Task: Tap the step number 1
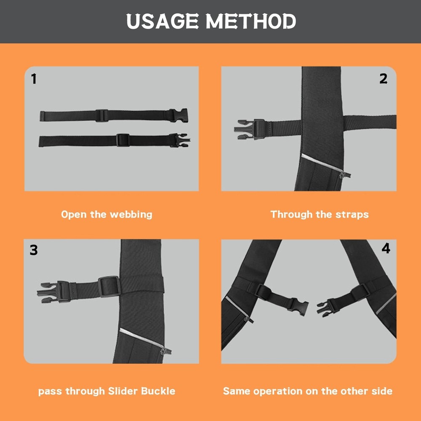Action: tap(34, 79)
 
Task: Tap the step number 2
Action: tap(383, 79)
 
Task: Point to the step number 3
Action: tap(34, 250)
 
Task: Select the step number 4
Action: tap(386, 248)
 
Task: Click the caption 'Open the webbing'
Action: tap(107, 214)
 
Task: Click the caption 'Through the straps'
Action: tap(320, 214)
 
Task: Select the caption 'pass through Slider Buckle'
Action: tap(107, 391)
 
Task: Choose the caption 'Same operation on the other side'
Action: tap(308, 391)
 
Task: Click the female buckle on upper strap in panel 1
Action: tap(179, 115)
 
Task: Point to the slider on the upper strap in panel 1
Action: tap(101, 115)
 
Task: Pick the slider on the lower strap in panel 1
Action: tap(123, 140)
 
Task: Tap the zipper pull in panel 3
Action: tap(166, 350)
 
